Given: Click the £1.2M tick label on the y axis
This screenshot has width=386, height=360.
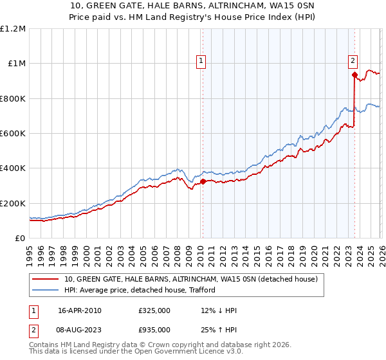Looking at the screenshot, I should [13, 29].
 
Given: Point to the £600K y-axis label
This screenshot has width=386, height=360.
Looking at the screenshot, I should [13, 134].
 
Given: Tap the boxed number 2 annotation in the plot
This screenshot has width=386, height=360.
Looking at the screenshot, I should [353, 62].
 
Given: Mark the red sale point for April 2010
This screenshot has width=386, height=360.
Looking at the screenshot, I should [202, 181].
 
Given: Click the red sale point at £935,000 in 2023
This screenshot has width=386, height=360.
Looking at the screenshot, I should [354, 75].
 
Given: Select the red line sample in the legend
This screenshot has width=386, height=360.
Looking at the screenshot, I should [46, 280].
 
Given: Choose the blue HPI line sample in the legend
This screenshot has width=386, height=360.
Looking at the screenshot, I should [46, 291].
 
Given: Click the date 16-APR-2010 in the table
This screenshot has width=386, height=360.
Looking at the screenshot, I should [79, 310].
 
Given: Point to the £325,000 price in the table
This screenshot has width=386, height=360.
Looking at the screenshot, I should [154, 310].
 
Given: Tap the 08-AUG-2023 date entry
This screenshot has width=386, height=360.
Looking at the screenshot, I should [80, 328].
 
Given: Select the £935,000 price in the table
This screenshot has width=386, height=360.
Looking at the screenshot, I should [154, 328].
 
